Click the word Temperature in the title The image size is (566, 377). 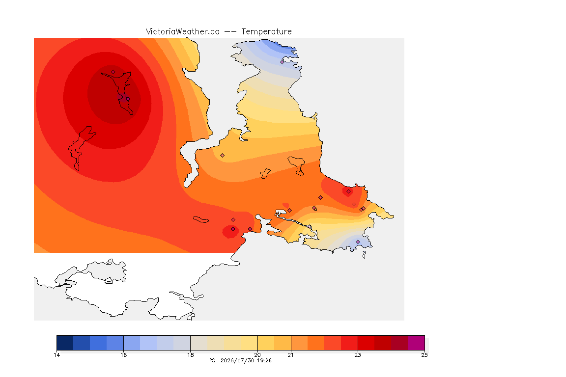coord(266,32)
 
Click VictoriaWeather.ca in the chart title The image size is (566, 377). coord(183,32)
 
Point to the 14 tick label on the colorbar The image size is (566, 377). coord(57,355)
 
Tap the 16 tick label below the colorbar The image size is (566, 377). coord(123,355)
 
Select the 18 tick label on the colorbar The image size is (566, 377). coord(190,355)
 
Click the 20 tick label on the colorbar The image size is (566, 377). coord(257,355)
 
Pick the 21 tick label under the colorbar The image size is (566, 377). coord(290,355)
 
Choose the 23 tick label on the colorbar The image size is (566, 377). coord(357,355)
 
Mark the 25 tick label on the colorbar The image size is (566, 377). coord(424,355)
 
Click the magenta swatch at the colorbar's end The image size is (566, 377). coord(416,343)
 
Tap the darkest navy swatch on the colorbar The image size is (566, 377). coord(65,343)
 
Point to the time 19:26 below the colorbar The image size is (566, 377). coord(264,360)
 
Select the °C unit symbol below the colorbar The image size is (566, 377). coord(212,360)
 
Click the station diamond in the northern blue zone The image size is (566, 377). coord(283,62)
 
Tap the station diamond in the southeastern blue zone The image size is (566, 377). coord(358,242)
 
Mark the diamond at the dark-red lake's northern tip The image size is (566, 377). coord(113,72)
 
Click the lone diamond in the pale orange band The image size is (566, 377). coord(223,156)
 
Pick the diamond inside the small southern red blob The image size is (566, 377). coord(233,229)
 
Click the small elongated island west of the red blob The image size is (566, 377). coord(201,219)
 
